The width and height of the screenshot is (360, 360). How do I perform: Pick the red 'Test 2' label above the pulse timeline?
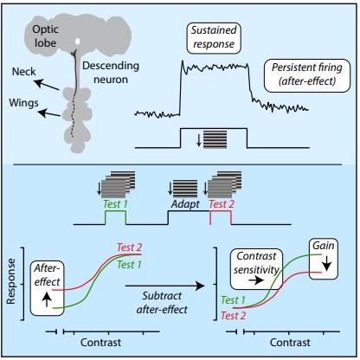tap(221, 206)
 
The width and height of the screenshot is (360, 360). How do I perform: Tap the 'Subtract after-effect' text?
tap(164, 299)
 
